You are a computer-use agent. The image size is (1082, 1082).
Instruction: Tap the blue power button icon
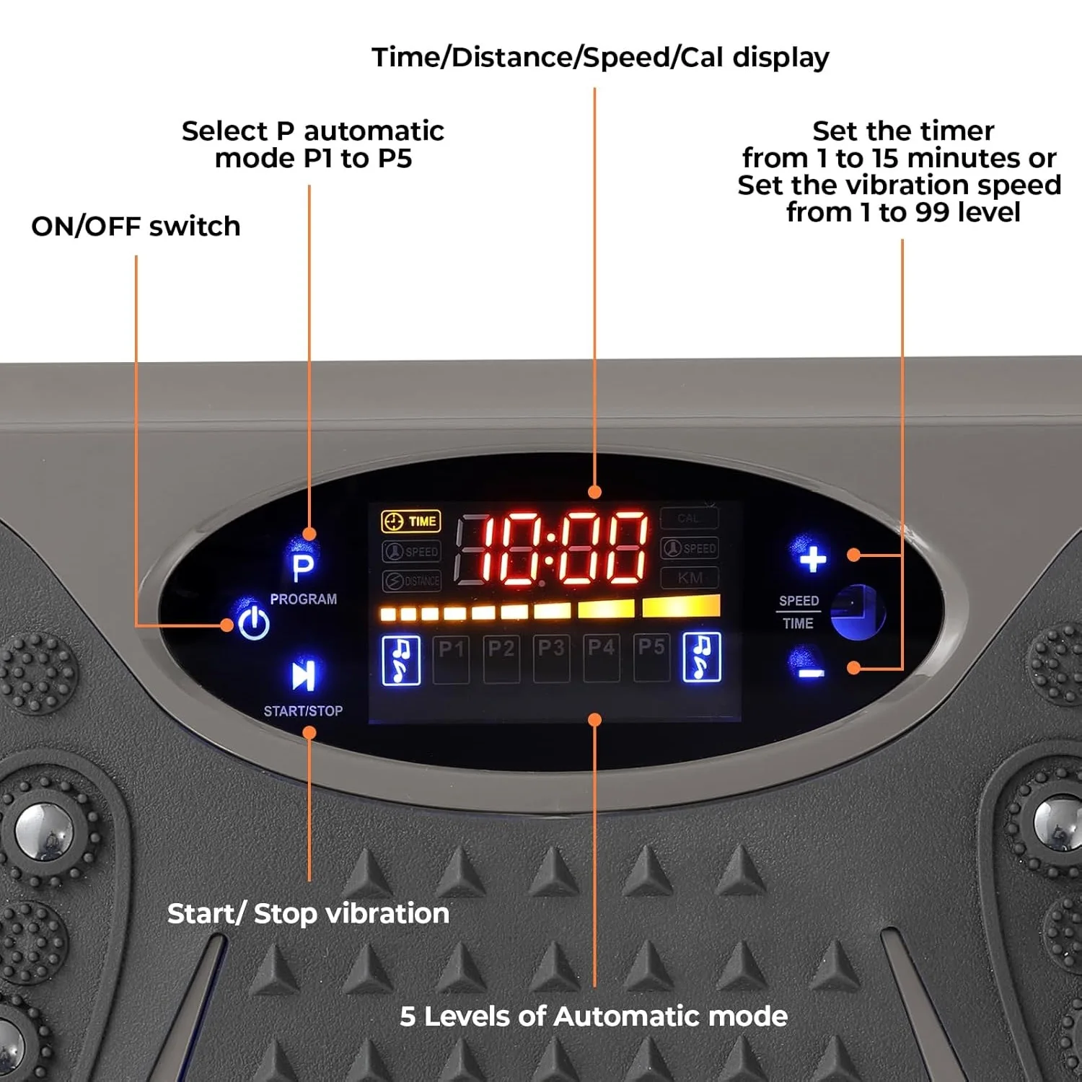click(x=254, y=623)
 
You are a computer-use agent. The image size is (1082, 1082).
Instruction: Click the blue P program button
click(x=303, y=568)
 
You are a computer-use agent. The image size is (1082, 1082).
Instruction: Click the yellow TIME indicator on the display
click(x=411, y=522)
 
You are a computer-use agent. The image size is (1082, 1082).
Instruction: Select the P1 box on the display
click(x=451, y=657)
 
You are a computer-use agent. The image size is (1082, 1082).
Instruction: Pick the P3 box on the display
click(x=551, y=657)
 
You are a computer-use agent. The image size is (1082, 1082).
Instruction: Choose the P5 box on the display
click(x=651, y=657)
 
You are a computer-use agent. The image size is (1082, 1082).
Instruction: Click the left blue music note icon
click(x=401, y=660)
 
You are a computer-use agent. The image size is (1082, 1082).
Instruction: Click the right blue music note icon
click(x=701, y=657)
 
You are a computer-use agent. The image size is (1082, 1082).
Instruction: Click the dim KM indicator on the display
click(x=690, y=578)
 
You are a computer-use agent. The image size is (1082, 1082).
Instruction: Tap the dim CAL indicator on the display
click(x=689, y=519)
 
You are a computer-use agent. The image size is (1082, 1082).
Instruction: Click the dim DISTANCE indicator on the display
click(x=412, y=581)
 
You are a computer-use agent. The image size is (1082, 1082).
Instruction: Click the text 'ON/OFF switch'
click(x=136, y=226)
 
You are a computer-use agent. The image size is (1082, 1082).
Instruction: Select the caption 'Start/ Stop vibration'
click(x=308, y=914)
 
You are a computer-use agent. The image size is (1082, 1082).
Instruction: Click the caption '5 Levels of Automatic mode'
click(x=593, y=1016)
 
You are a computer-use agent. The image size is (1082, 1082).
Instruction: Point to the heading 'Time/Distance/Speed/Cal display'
click(x=600, y=58)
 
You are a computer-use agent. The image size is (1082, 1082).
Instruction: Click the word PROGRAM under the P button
click(x=304, y=599)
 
